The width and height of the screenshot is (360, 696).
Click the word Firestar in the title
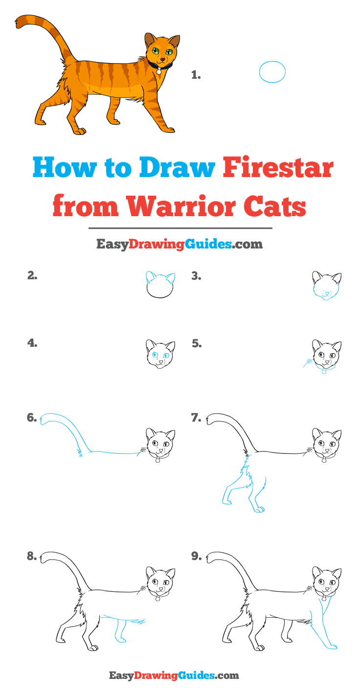(278, 168)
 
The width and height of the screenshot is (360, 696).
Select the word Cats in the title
(274, 206)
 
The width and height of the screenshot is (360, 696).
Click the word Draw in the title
(177, 168)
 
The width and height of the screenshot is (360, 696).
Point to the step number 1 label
(196, 75)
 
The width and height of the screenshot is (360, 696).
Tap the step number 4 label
(32, 343)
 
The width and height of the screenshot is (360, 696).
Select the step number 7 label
(196, 418)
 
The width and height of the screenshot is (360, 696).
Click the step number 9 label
(196, 556)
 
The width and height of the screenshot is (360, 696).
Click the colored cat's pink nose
(162, 59)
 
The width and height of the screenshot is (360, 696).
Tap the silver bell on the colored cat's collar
(159, 71)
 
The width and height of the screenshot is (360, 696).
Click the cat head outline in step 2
(160, 285)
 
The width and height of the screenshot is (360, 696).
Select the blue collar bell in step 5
(324, 371)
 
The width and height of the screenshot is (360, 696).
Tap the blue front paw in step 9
(331, 647)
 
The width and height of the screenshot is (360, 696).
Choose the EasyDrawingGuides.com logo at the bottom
(174, 675)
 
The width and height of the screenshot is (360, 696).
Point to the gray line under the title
(180, 228)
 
